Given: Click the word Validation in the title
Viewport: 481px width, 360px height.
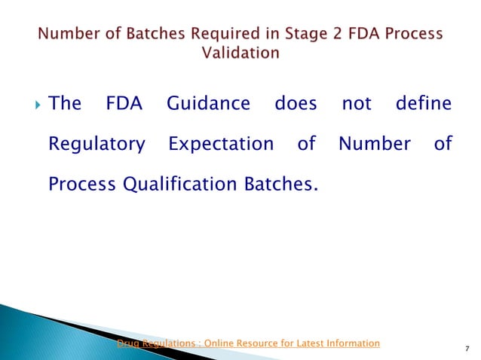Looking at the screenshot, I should click(x=240, y=53).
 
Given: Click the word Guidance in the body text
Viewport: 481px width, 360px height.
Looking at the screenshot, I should click(x=207, y=103).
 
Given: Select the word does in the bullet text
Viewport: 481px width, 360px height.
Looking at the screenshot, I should click(x=296, y=103).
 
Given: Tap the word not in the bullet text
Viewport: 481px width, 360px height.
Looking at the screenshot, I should click(x=357, y=103).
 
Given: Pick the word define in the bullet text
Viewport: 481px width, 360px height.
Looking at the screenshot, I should click(x=424, y=103).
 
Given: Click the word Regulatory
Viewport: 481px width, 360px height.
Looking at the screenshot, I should click(x=97, y=143).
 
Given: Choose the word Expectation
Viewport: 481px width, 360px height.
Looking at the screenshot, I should click(x=221, y=143).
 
